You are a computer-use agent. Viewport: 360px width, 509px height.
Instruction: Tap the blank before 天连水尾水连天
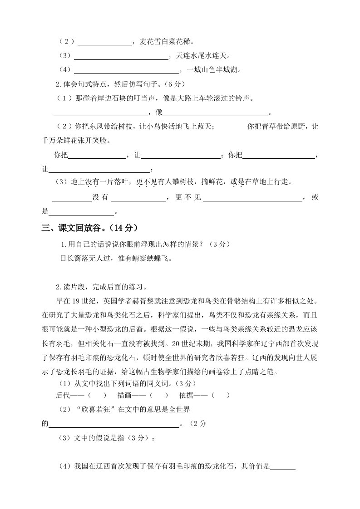[121, 57]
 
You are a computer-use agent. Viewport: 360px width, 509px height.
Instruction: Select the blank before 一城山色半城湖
[127, 70]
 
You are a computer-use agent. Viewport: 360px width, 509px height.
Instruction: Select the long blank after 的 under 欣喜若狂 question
[114, 425]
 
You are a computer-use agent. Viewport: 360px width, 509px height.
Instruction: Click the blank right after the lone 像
[215, 113]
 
